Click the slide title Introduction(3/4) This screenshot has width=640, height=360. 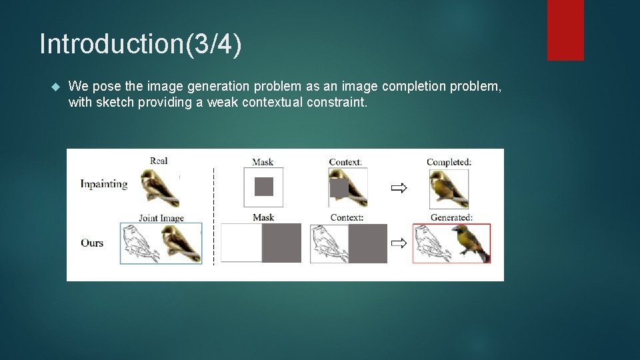[141, 44]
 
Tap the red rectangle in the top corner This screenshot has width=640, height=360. [565, 30]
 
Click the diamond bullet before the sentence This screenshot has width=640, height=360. [55, 87]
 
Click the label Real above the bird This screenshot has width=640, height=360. [159, 161]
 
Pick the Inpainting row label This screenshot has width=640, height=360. [104, 184]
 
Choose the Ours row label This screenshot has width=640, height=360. [92, 243]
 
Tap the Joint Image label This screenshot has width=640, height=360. [161, 218]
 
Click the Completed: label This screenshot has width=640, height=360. [449, 162]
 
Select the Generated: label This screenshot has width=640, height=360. [451, 217]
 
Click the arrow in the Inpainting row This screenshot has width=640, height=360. [399, 188]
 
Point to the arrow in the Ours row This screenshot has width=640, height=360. [399, 243]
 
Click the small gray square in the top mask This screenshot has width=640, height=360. [264, 187]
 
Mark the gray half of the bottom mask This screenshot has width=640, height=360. [281, 243]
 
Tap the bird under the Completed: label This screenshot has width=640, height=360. [447, 188]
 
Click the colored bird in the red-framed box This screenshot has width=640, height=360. [471, 243]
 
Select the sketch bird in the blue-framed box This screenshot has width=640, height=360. [141, 243]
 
